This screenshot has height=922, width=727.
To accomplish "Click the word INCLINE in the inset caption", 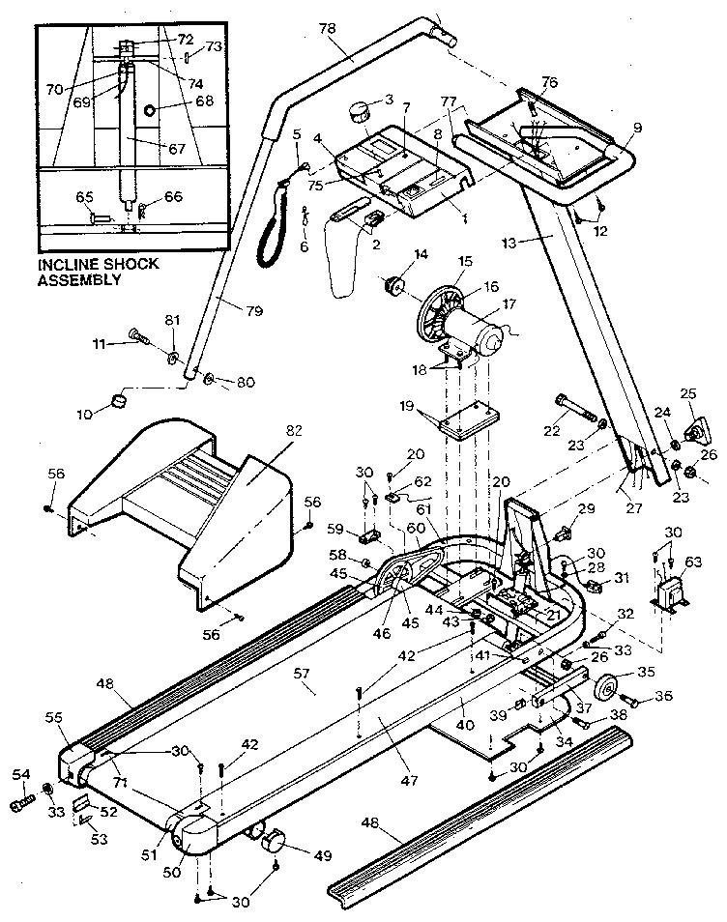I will (73, 263).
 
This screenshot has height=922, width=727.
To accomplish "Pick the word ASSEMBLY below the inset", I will (79, 281).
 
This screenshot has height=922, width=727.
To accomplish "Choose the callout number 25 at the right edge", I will (688, 393).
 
